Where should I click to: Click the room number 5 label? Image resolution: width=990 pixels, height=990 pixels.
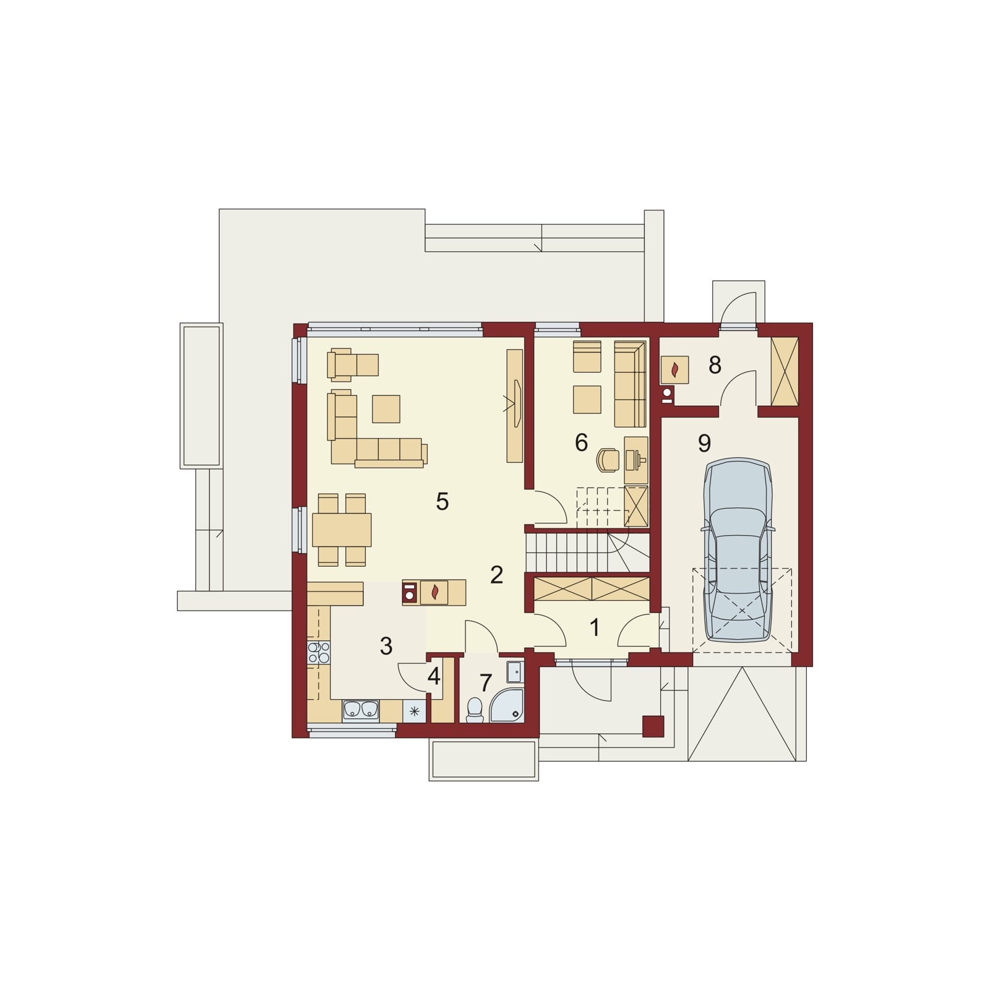(x=442, y=502)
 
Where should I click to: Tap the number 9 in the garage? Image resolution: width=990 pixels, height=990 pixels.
(x=704, y=443)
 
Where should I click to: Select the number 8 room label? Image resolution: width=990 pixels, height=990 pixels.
(x=715, y=366)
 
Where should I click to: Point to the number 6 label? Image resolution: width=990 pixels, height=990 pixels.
(x=581, y=442)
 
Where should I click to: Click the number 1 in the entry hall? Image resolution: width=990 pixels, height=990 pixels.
(x=595, y=628)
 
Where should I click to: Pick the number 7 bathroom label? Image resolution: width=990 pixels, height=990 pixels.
(x=486, y=684)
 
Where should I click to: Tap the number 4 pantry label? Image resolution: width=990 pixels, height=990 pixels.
(x=434, y=677)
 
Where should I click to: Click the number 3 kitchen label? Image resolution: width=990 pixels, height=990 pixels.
(x=386, y=647)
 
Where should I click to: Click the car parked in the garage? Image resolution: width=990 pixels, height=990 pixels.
(x=738, y=550)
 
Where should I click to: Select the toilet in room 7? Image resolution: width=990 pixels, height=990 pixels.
(x=475, y=710)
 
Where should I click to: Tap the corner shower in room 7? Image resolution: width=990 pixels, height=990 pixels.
(x=507, y=706)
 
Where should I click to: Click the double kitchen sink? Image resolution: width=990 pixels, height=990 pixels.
(x=361, y=711)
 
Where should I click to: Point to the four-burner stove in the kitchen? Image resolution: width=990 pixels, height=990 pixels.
(x=319, y=653)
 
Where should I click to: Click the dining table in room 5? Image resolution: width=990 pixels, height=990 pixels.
(x=342, y=530)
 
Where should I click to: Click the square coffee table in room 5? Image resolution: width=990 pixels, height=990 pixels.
(x=386, y=408)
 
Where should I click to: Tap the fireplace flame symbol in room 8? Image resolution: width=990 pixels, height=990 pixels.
(x=675, y=370)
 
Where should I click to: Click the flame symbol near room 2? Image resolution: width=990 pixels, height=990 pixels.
(x=434, y=592)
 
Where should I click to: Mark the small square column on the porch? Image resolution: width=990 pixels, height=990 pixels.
(x=653, y=726)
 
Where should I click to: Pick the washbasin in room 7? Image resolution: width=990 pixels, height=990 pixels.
(x=515, y=671)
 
